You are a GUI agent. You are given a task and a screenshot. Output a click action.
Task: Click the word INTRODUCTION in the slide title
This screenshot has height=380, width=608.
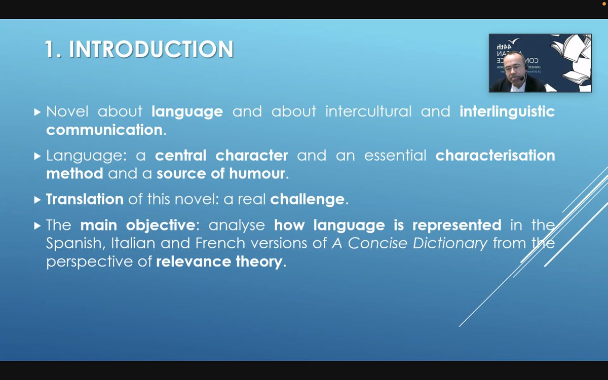151,49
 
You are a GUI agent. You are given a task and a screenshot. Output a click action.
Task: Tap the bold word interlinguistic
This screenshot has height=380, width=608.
507,111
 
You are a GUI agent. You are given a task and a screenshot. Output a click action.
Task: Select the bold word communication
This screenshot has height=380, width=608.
104,130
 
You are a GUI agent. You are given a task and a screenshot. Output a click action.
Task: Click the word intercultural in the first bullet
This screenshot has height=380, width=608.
368,111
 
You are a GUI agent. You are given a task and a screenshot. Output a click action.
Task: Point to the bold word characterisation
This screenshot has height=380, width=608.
495,156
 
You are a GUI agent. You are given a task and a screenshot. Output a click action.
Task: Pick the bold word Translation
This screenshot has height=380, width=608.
85,200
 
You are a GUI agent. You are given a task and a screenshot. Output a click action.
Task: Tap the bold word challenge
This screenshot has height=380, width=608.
307,200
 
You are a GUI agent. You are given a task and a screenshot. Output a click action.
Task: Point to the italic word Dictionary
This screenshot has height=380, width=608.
450,243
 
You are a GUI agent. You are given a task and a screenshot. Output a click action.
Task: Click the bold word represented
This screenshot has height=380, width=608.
457,225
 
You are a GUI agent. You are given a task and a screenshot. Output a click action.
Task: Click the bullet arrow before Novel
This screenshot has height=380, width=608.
37,112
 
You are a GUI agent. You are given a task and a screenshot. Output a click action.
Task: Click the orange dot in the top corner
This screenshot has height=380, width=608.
604,4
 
